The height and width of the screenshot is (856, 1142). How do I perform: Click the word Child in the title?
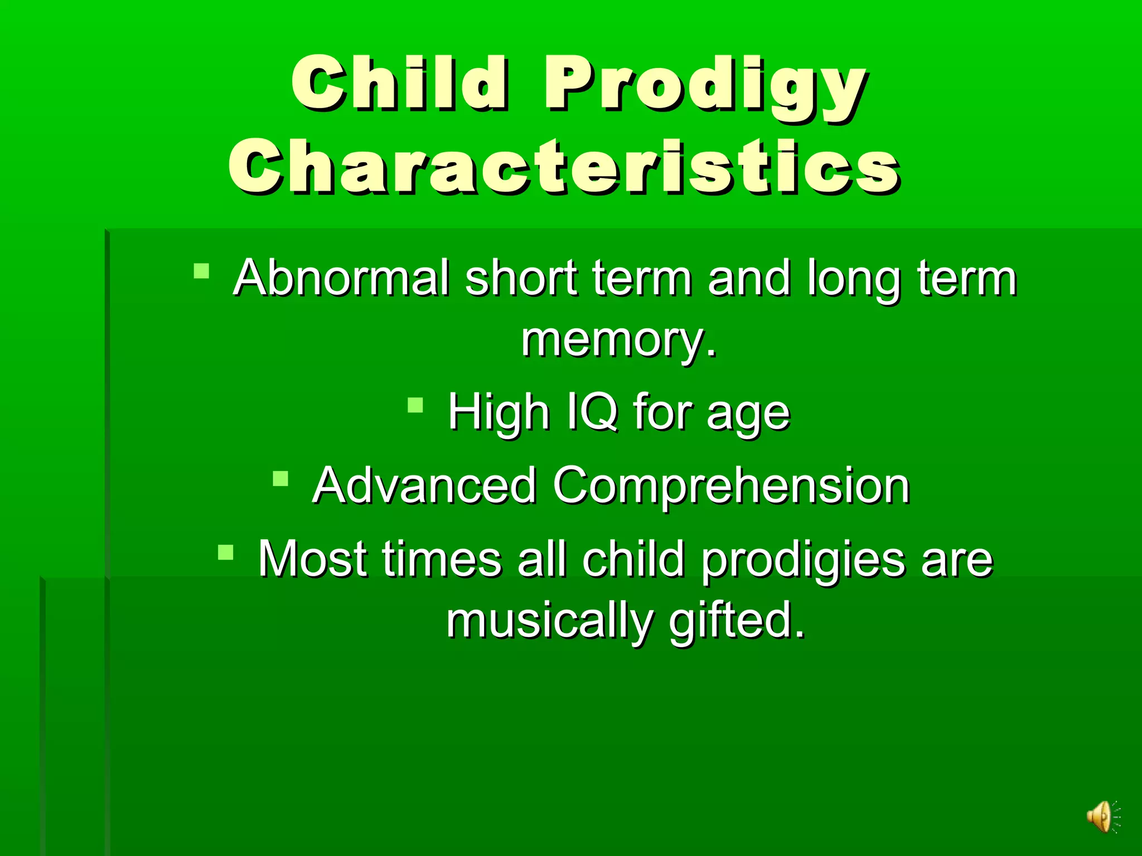pos(399,84)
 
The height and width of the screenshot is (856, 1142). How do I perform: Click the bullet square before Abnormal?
pos(201,271)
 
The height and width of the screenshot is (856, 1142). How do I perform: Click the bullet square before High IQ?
pos(415,405)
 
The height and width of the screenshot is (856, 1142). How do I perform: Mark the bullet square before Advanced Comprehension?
pos(280,479)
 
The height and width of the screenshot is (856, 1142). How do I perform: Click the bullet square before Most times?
pos(226,552)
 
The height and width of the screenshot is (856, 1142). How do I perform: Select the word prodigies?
pos(803,561)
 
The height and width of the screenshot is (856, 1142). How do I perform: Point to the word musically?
pos(549,622)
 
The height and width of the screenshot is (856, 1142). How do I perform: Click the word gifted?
pos(736,622)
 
